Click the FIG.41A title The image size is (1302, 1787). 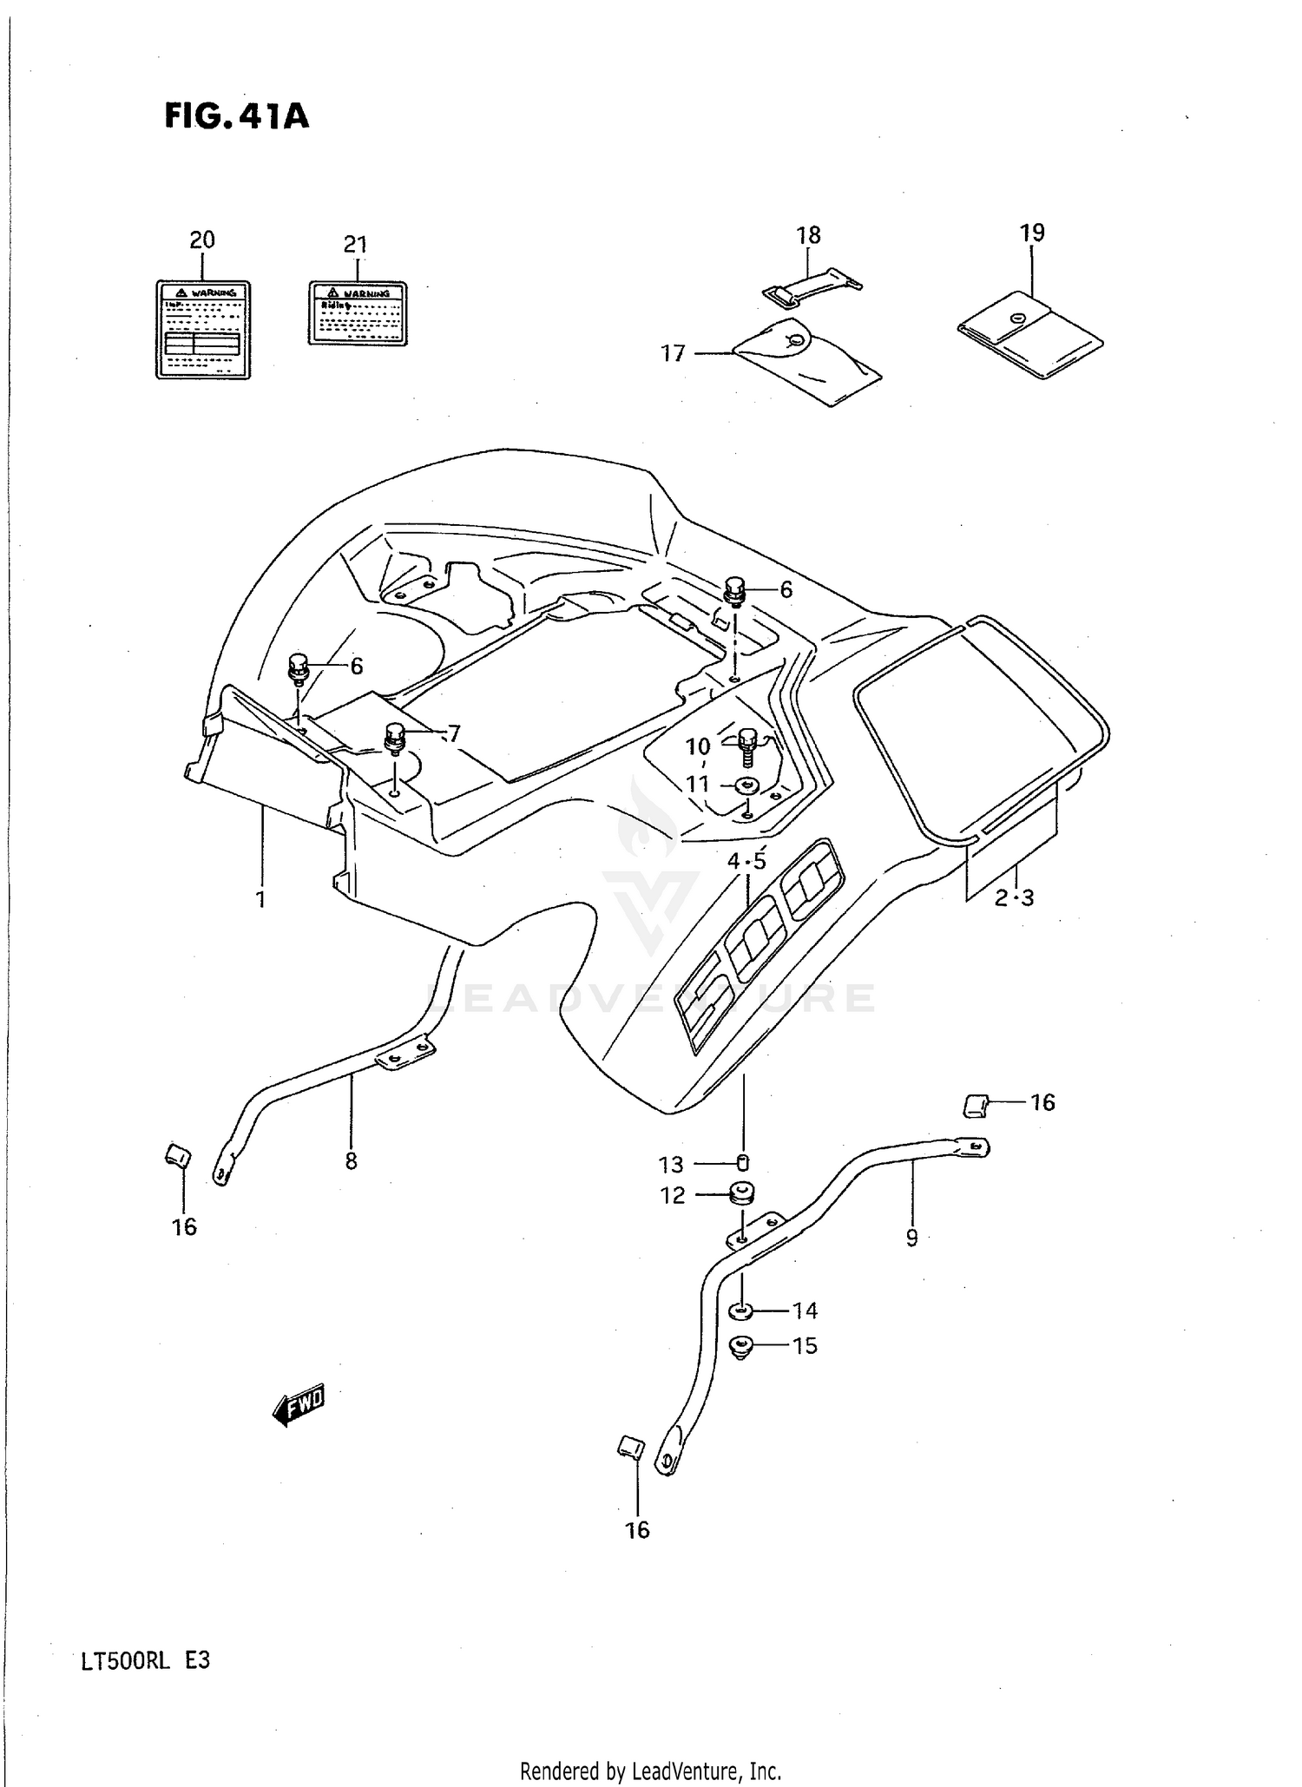point(236,116)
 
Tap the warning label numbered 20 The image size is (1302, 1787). point(202,329)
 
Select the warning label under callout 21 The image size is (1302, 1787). point(357,312)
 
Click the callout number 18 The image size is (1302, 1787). point(808,235)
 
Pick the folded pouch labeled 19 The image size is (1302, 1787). point(1030,337)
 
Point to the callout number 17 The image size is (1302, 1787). point(674,353)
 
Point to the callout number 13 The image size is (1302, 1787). point(671,1164)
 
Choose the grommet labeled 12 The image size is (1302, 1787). point(741,1194)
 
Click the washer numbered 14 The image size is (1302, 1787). point(743,1310)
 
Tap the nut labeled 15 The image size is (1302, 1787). point(740,1346)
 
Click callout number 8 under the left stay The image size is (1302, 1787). point(351,1161)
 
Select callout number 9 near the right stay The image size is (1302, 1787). point(911,1238)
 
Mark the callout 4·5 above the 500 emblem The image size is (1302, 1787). point(746,861)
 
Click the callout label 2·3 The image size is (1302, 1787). point(1014,898)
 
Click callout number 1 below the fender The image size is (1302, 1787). point(260,899)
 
